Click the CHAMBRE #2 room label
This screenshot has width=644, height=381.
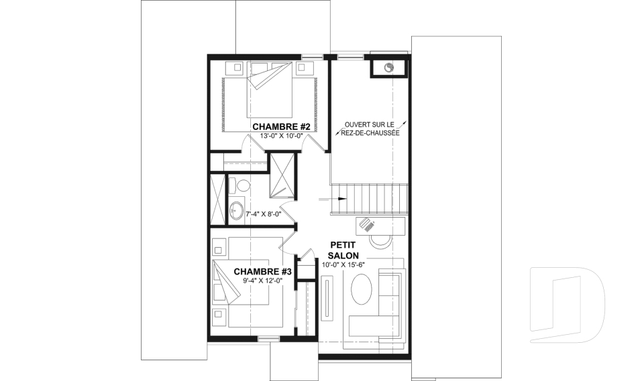tap(280, 127)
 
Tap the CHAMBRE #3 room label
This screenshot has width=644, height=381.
tap(262, 271)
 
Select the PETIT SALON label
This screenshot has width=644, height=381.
tap(343, 250)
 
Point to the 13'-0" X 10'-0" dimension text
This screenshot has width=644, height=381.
tap(281, 136)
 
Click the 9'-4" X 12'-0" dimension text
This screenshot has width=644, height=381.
tap(263, 281)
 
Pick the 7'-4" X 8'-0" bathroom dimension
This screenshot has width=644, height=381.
tap(263, 214)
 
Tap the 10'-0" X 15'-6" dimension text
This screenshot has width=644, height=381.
tap(343, 264)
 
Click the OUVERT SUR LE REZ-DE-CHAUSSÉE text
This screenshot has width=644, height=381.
tap(370, 129)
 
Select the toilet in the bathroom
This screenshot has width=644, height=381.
tap(239, 185)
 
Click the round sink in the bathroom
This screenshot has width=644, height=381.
tap(236, 211)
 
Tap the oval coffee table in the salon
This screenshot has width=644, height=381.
tap(362, 289)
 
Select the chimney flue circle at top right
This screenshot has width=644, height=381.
tap(389, 67)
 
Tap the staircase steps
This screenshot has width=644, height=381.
tap(369, 199)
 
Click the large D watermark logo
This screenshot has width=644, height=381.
tap(567, 305)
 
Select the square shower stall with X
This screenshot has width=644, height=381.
tap(282, 175)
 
